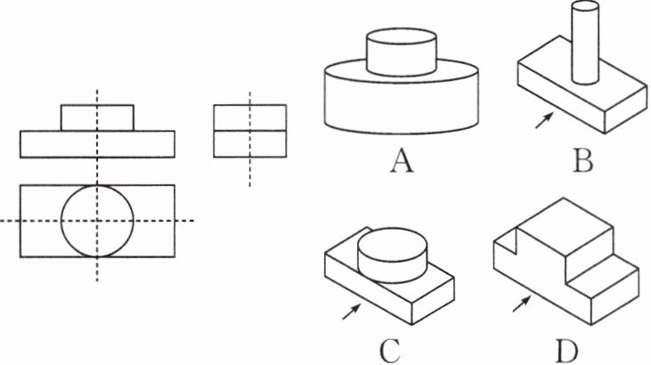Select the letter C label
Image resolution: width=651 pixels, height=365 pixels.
[x=389, y=350]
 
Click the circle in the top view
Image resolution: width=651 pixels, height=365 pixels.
[x=98, y=221]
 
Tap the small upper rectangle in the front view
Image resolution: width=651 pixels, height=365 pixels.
[x=98, y=118]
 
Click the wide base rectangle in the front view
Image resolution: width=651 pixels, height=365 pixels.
[x=98, y=143]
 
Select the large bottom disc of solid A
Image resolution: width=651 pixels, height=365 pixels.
[x=401, y=102]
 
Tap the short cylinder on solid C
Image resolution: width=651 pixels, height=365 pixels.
[x=392, y=254]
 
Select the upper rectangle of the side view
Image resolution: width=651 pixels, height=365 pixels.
[x=250, y=118]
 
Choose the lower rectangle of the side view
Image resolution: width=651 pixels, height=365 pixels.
[x=250, y=145]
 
